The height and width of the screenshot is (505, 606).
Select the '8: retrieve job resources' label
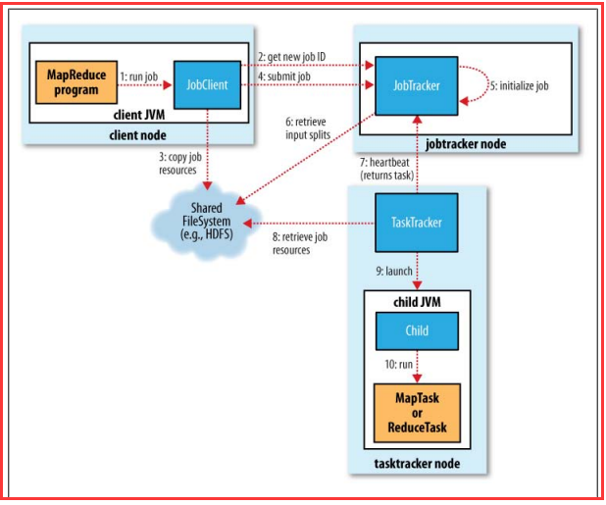pos(301,243)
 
